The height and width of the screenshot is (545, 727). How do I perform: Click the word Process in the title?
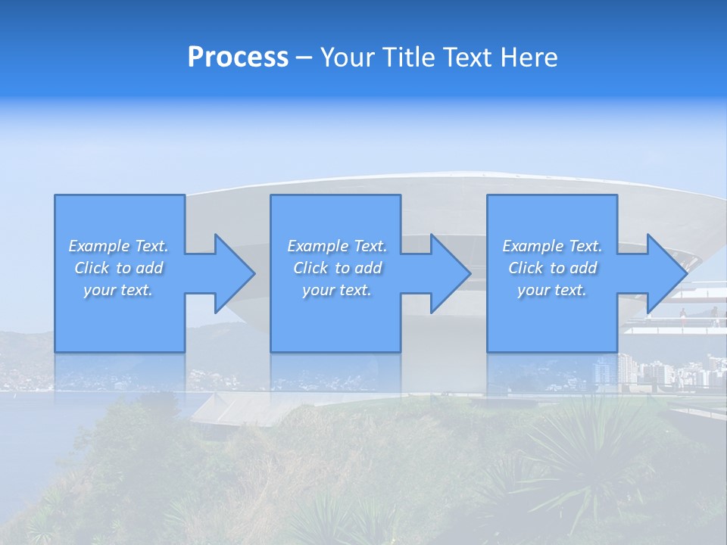[238, 58]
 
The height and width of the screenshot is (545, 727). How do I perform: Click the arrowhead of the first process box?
[232, 273]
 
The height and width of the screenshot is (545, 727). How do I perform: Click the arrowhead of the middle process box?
[448, 273]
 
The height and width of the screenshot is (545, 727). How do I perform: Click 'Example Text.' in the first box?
[118, 246]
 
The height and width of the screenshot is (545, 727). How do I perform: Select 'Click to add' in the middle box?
[337, 268]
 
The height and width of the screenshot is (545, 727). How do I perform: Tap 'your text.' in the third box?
[552, 290]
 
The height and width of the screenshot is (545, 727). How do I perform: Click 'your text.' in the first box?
[118, 290]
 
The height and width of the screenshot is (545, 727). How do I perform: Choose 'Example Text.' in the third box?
[552, 246]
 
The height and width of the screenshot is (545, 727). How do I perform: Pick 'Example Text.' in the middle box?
[337, 246]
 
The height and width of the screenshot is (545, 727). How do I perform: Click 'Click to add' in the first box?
[118, 268]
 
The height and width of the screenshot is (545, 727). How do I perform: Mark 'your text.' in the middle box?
[337, 290]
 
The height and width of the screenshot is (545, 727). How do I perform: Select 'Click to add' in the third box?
[552, 268]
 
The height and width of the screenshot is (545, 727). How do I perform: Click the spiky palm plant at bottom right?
[583, 462]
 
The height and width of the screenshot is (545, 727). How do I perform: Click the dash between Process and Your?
[304, 58]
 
